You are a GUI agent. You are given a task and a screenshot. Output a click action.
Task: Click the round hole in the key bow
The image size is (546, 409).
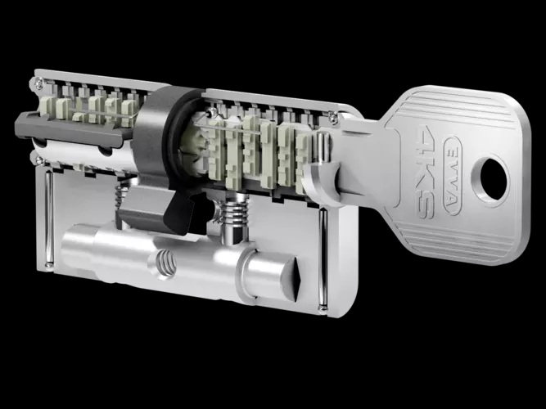pyautogui.click(x=494, y=179)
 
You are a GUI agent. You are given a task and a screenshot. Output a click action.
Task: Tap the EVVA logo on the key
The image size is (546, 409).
pyautogui.click(x=453, y=176)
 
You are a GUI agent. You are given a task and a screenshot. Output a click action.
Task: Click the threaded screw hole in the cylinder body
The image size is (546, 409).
pyautogui.click(x=165, y=263)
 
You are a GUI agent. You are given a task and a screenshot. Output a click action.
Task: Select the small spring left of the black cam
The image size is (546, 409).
pyautogui.click(x=122, y=196)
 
